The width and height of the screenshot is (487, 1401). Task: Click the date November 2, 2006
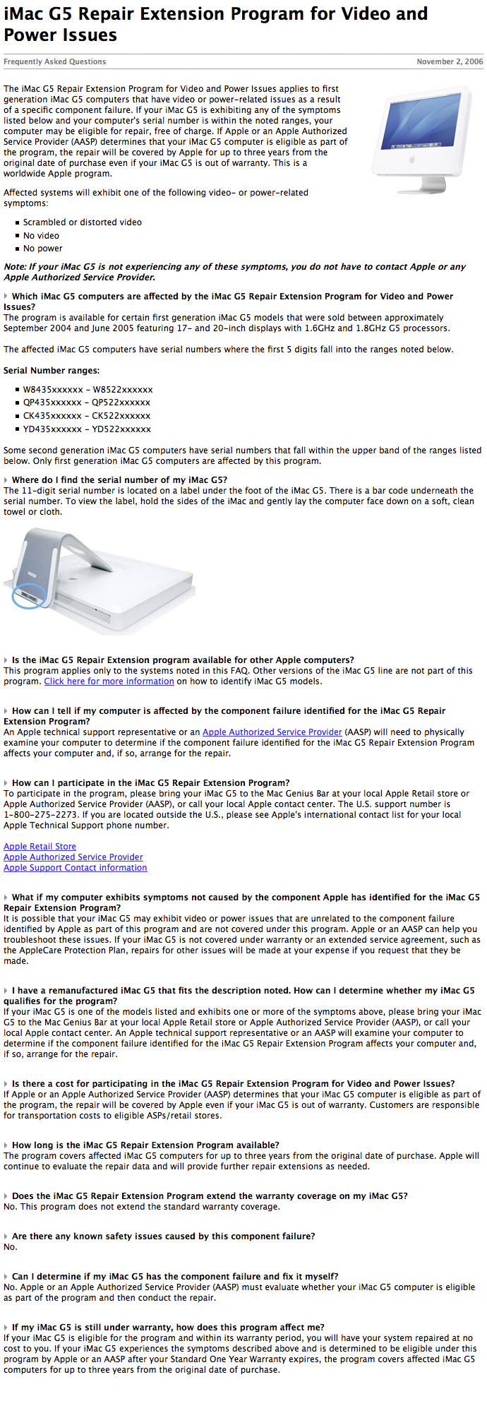click(x=450, y=61)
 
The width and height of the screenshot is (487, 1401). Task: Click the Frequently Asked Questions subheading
click(x=55, y=61)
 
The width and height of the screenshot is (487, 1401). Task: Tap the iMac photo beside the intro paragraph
click(x=422, y=140)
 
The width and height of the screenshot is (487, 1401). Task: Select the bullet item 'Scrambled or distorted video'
click(x=82, y=222)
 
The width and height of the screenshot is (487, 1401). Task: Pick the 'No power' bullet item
click(x=42, y=248)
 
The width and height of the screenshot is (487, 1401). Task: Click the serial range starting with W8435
click(x=88, y=389)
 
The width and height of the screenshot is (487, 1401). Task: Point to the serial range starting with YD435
click(x=87, y=429)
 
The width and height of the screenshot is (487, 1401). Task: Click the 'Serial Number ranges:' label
click(x=52, y=370)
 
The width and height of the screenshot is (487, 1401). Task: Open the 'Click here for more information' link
click(x=109, y=681)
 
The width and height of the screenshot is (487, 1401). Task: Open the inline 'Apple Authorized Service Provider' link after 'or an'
click(x=272, y=732)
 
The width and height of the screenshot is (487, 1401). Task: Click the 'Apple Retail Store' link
click(x=40, y=846)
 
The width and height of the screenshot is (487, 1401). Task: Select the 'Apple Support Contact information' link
click(x=76, y=867)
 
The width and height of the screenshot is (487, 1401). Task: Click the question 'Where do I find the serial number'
click(x=119, y=479)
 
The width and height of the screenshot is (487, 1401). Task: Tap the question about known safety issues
click(x=163, y=1236)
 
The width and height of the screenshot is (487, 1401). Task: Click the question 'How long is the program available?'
click(x=145, y=1145)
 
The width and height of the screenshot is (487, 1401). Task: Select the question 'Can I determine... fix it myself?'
click(x=175, y=1276)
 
